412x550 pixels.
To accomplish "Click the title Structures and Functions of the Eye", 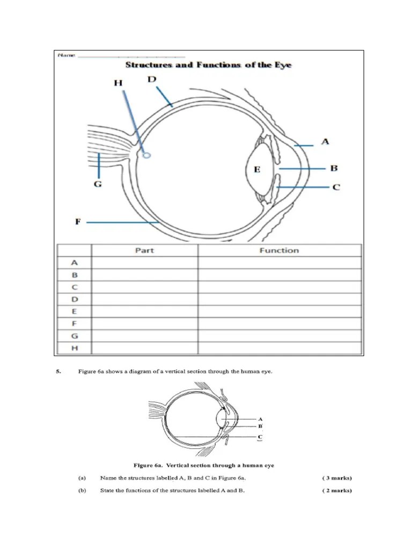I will click(208, 65).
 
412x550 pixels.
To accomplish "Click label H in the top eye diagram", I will click(118, 83).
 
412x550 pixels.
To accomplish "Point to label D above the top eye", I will click(152, 79).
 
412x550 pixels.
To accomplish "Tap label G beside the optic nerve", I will click(98, 184).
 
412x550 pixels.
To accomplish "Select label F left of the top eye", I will click(77, 221).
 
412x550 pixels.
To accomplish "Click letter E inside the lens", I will click(257, 170).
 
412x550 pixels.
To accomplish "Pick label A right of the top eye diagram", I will click(325, 142).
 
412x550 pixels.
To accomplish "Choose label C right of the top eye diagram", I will click(336, 187).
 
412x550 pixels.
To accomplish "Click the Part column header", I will click(144, 250).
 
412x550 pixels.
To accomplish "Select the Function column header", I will click(279, 250).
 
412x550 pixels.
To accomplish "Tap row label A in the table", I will click(74, 263).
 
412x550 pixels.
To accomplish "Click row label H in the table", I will click(74, 348).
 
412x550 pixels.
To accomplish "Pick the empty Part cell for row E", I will click(144, 312).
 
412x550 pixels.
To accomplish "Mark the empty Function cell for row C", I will click(279, 287).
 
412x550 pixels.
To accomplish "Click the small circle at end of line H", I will click(147, 156).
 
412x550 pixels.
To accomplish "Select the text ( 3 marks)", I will click(337, 477).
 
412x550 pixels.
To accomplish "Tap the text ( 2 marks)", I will click(337, 490).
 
